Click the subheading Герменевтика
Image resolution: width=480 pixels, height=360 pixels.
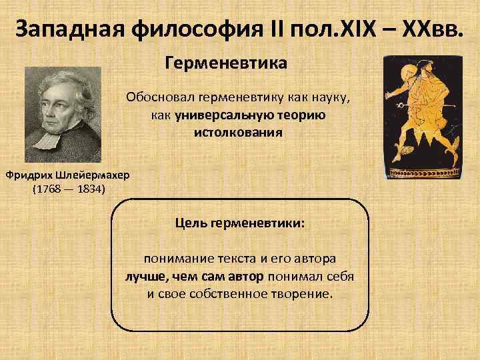click(225, 65)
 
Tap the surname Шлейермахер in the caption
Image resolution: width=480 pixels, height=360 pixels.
click(88, 175)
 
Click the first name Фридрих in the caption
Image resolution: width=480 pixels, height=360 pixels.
click(26, 175)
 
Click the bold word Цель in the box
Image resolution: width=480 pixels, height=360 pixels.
click(191, 223)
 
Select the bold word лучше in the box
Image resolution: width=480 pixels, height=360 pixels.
click(145, 275)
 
